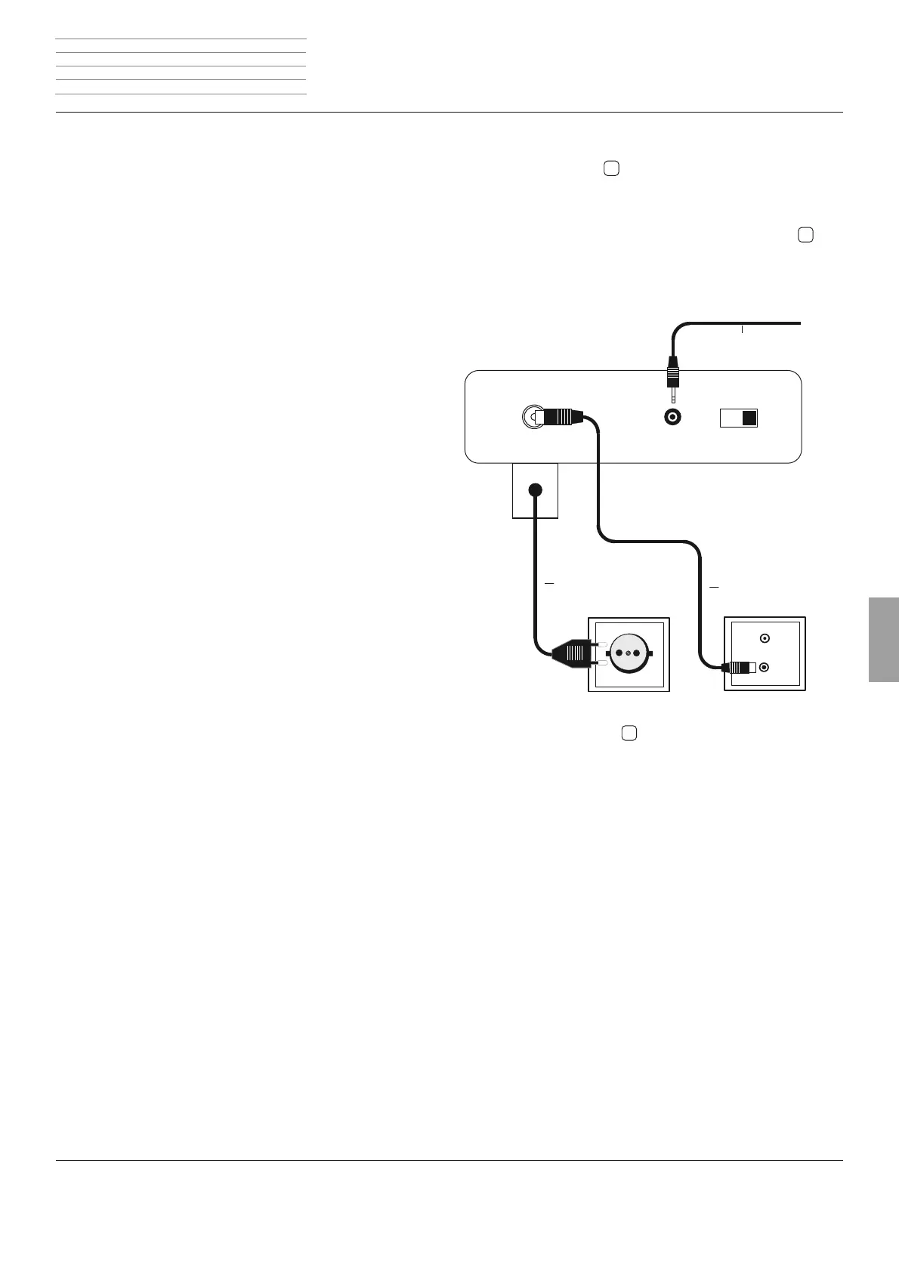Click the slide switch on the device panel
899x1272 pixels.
tap(738, 418)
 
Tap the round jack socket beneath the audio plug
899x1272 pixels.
tap(672, 417)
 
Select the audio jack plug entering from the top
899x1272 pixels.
tap(672, 375)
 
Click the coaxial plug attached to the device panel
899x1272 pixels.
tap(560, 417)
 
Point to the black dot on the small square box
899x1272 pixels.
tap(535, 489)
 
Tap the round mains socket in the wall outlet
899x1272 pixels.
tap(628, 653)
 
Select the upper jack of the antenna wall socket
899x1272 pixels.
tap(765, 638)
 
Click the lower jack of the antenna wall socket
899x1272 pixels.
tap(765, 668)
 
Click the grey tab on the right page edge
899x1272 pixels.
tap(883, 640)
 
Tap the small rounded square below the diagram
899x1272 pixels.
tap(629, 733)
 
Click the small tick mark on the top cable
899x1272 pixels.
tap(743, 329)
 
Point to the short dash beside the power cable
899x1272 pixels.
tap(549, 584)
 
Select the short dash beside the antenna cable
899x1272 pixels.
tap(714, 587)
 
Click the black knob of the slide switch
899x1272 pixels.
tap(749, 418)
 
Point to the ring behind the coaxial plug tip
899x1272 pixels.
tap(531, 417)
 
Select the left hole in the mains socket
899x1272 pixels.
tap(619, 653)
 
